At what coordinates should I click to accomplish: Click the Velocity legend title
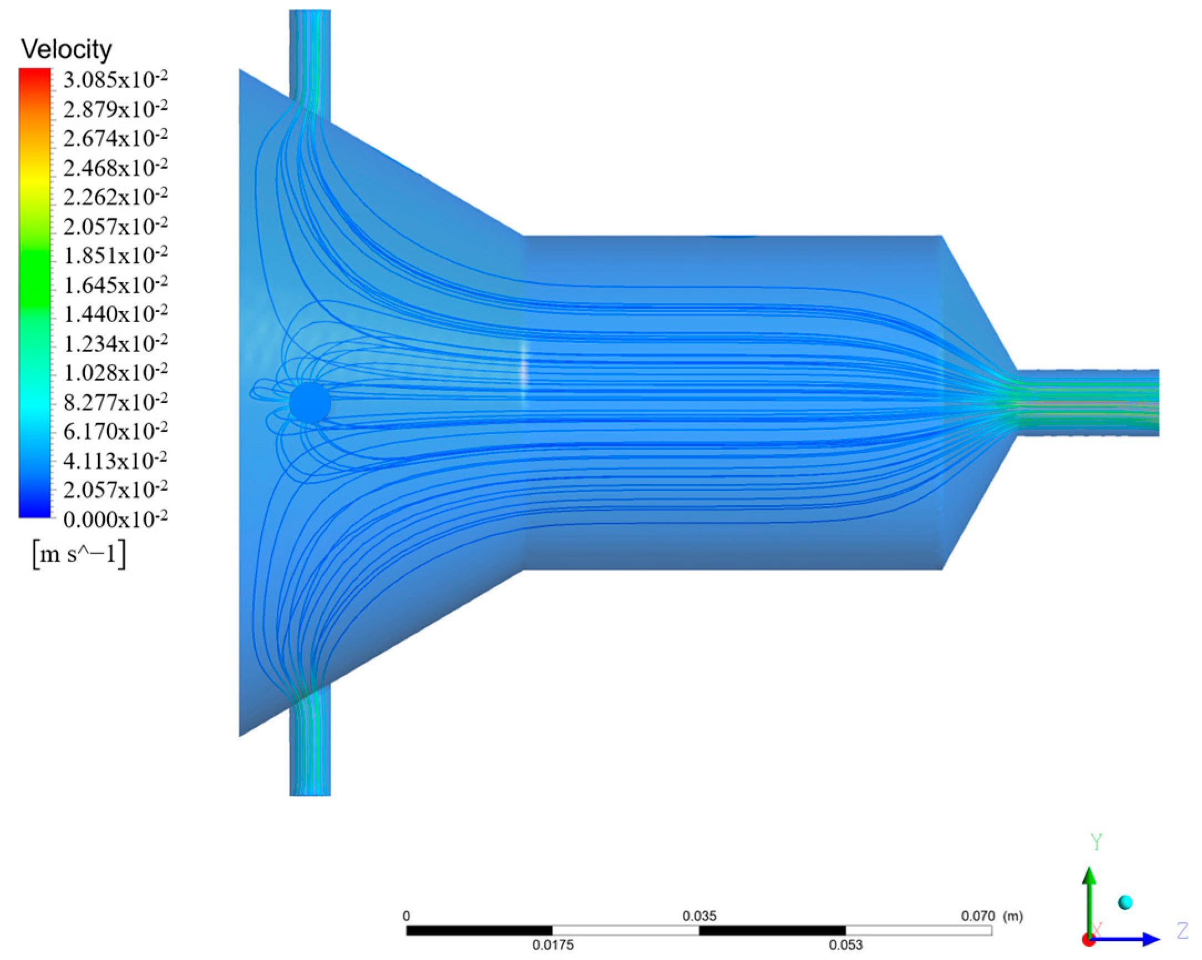[x=67, y=49]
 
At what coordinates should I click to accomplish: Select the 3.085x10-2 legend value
[x=115, y=80]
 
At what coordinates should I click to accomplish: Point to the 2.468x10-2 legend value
[x=115, y=167]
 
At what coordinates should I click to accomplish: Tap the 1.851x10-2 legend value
[x=115, y=255]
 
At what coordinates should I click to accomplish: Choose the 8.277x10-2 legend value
[x=115, y=402]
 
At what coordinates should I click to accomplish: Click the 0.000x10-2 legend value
[x=115, y=519]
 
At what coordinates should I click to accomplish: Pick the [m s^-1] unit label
[x=79, y=555]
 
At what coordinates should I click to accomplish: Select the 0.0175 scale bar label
[x=552, y=944]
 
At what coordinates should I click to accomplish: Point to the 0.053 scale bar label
[x=845, y=944]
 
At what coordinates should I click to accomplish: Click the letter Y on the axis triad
[x=1096, y=842]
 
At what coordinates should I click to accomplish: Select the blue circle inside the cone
[x=310, y=402]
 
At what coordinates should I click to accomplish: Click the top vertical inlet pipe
[x=310, y=56]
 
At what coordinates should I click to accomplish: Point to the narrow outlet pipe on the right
[x=1087, y=402]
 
